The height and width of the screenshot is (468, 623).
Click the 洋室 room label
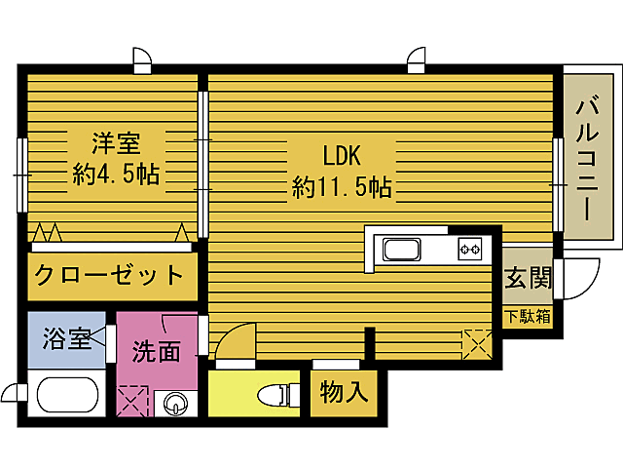point(116,144)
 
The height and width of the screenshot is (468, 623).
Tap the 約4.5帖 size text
point(116,175)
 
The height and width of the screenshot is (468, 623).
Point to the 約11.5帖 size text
point(342,187)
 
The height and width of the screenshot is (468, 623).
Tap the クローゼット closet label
point(108,275)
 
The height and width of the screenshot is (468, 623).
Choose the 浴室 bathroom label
point(66,339)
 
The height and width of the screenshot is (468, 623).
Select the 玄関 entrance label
point(527,279)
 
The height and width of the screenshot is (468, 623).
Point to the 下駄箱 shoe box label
point(527,317)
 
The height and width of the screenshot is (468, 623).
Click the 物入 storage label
point(344,392)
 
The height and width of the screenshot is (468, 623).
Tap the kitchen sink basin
point(402,250)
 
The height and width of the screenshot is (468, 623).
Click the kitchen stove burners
point(472,250)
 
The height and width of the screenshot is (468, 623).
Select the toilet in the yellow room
point(276,395)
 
